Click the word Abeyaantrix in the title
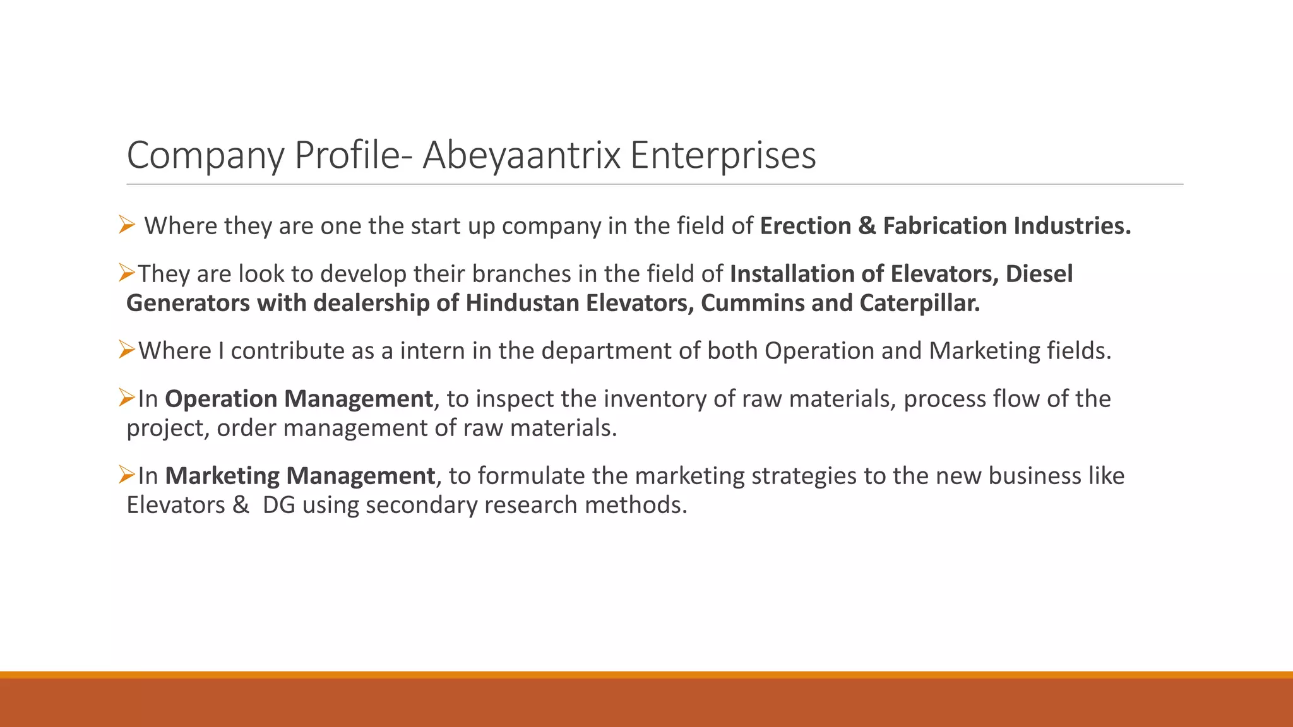point(521,155)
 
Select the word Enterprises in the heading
point(723,155)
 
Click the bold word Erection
point(806,226)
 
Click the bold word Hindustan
point(522,304)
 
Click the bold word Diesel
point(1039,274)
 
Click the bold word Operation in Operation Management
point(220,399)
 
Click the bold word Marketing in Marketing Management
point(222,476)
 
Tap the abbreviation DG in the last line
point(279,505)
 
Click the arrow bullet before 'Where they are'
point(126,225)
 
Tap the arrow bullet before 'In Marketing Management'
point(127,475)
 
